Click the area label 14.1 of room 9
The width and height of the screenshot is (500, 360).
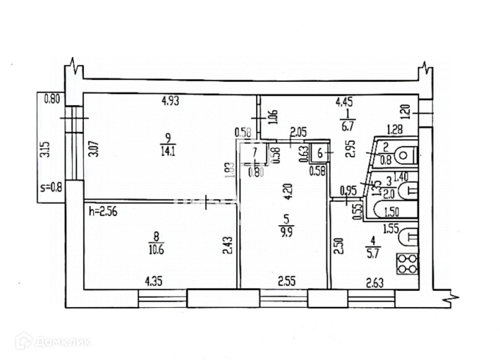167,149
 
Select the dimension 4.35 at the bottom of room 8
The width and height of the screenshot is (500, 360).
154,281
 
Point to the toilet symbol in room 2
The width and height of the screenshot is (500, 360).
406,154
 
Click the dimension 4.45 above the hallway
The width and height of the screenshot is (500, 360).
343,102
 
